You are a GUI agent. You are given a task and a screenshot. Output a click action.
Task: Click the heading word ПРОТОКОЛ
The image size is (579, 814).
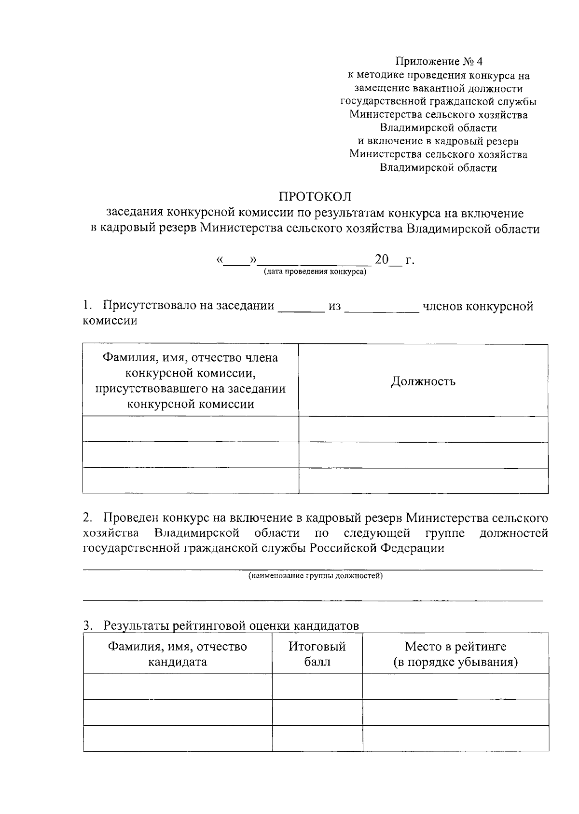click(315, 197)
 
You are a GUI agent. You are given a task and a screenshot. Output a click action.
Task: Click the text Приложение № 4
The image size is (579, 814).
click(439, 62)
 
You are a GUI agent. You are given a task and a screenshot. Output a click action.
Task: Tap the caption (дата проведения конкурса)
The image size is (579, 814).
click(315, 272)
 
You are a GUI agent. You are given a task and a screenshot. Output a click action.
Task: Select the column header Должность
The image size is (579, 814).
click(423, 381)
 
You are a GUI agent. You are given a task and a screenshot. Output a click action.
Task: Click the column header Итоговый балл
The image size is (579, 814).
click(317, 654)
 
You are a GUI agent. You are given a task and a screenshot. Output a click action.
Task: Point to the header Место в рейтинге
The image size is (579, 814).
click(455, 647)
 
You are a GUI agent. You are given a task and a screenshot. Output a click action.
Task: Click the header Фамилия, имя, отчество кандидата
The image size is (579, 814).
click(177, 654)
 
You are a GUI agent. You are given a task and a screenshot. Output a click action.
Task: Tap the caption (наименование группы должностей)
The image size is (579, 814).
click(316, 576)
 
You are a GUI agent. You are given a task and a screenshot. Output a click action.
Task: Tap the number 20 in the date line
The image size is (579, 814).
click(382, 260)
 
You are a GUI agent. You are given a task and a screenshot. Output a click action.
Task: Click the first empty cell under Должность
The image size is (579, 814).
click(423, 429)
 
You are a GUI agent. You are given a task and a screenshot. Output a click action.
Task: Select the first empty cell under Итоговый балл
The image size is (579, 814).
click(317, 686)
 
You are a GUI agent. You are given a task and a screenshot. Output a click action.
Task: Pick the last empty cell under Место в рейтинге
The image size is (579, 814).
click(455, 738)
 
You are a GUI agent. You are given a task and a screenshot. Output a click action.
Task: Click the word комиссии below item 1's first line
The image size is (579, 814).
click(110, 321)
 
